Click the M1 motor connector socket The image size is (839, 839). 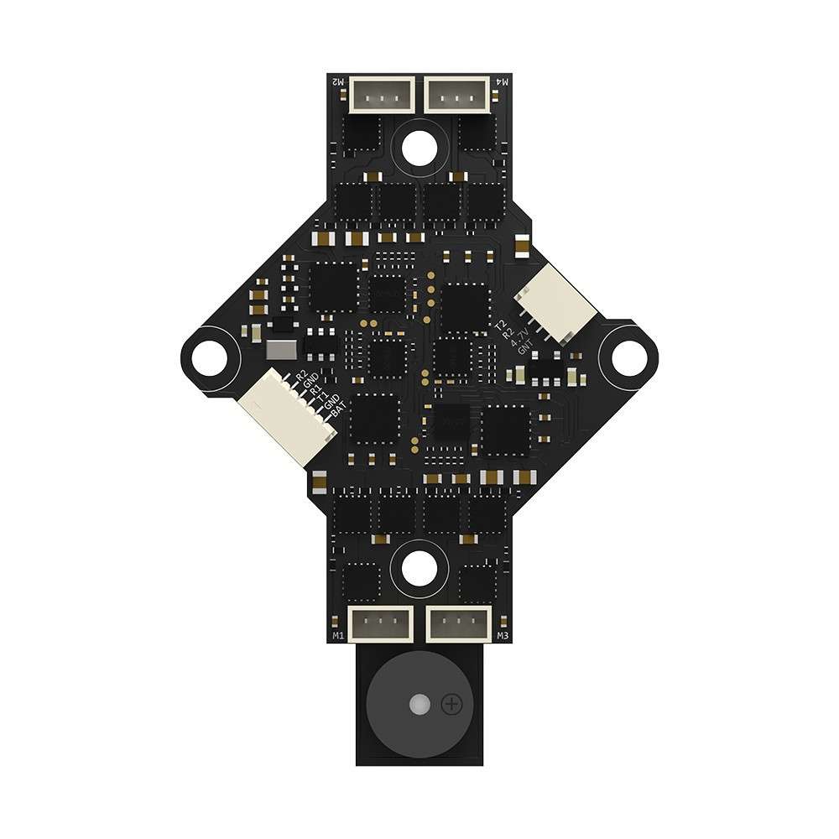click(x=380, y=625)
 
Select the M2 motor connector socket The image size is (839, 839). click(x=380, y=94)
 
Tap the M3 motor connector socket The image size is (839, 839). click(x=458, y=625)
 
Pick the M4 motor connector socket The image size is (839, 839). click(x=458, y=94)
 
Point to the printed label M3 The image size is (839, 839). click(x=503, y=637)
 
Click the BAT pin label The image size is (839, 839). click(x=338, y=411)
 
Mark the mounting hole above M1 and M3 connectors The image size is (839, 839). click(x=419, y=569)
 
